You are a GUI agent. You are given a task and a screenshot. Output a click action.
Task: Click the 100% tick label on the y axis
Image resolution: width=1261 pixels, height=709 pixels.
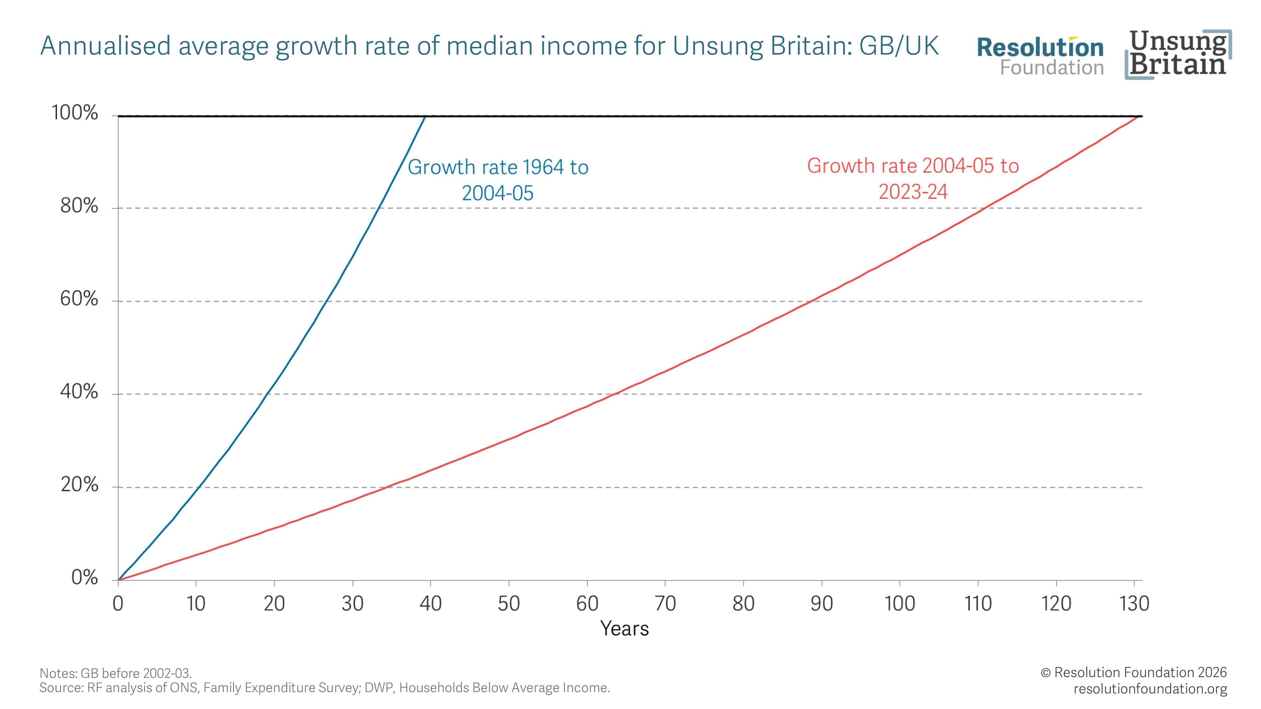(75, 113)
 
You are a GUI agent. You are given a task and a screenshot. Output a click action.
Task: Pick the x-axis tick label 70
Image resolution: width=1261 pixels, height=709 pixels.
(665, 604)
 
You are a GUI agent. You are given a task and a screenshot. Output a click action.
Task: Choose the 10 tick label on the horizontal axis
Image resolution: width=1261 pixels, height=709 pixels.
(196, 604)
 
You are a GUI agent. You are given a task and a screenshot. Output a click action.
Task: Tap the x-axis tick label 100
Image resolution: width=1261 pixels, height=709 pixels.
(899, 604)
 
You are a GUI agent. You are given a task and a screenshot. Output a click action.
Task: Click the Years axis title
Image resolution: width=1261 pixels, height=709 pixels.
(625, 629)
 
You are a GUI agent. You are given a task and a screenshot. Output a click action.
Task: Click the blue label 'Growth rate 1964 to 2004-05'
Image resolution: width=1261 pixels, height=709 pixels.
(498, 180)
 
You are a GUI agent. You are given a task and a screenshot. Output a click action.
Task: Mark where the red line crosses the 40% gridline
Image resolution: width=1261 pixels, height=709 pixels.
(616, 394)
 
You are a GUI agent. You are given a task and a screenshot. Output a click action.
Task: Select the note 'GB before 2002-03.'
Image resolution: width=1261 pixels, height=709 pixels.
(115, 673)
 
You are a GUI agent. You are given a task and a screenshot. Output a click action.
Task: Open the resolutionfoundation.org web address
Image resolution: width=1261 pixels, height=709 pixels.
(1150, 689)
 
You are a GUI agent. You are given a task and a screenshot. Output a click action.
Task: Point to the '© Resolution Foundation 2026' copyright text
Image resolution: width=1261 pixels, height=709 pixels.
(1134, 672)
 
